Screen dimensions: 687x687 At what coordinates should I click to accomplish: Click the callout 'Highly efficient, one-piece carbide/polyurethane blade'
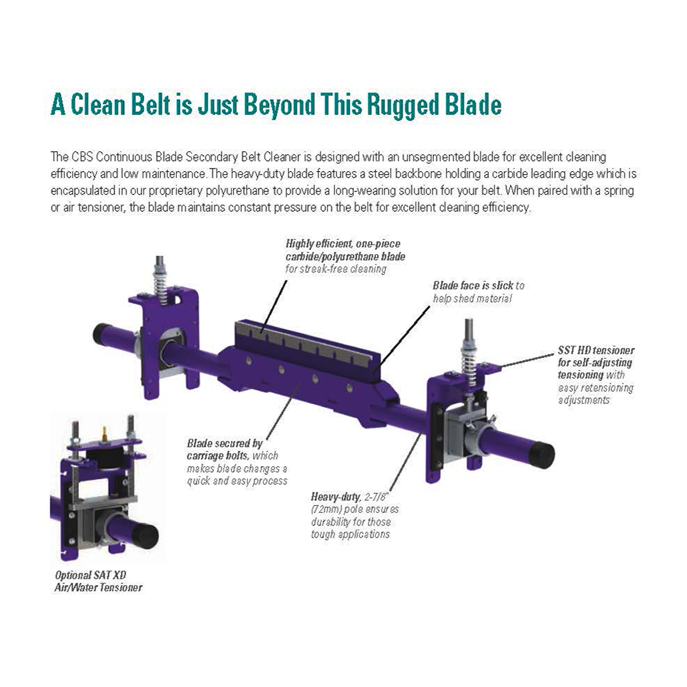coord(345,256)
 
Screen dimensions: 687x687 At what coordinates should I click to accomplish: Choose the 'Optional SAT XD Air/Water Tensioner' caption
coord(99,581)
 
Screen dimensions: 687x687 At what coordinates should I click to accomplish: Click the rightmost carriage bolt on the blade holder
coord(349,387)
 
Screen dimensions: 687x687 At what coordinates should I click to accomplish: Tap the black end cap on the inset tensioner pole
coord(145,536)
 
